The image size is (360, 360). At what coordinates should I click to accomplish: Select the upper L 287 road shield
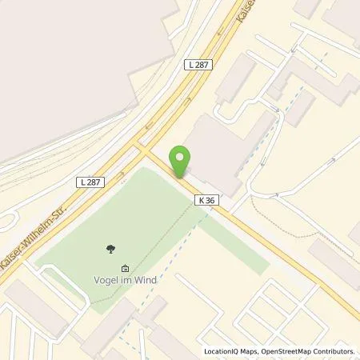tap(198, 63)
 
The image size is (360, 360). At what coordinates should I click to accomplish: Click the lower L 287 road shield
tap(91, 182)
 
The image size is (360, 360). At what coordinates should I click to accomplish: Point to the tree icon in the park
tap(109, 250)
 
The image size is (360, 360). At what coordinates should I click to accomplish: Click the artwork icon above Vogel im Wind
tap(124, 268)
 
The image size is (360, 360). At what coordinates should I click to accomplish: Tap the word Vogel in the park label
tap(106, 280)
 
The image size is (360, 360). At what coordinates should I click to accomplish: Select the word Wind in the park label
tap(145, 280)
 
